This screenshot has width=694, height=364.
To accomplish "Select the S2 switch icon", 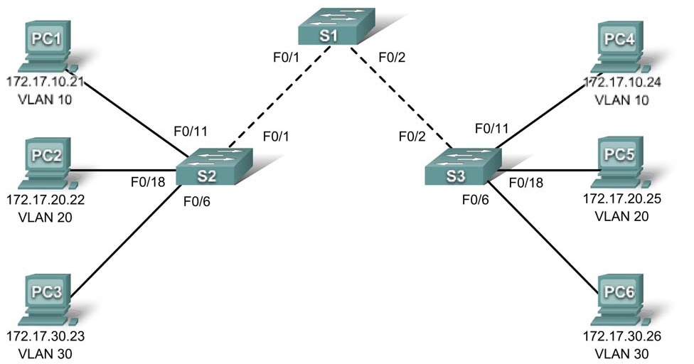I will click(x=215, y=165).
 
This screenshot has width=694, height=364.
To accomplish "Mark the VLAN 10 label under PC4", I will click(x=622, y=99).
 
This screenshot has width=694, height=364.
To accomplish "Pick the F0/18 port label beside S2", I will click(x=147, y=182).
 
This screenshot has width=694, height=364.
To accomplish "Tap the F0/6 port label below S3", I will click(x=476, y=201).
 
